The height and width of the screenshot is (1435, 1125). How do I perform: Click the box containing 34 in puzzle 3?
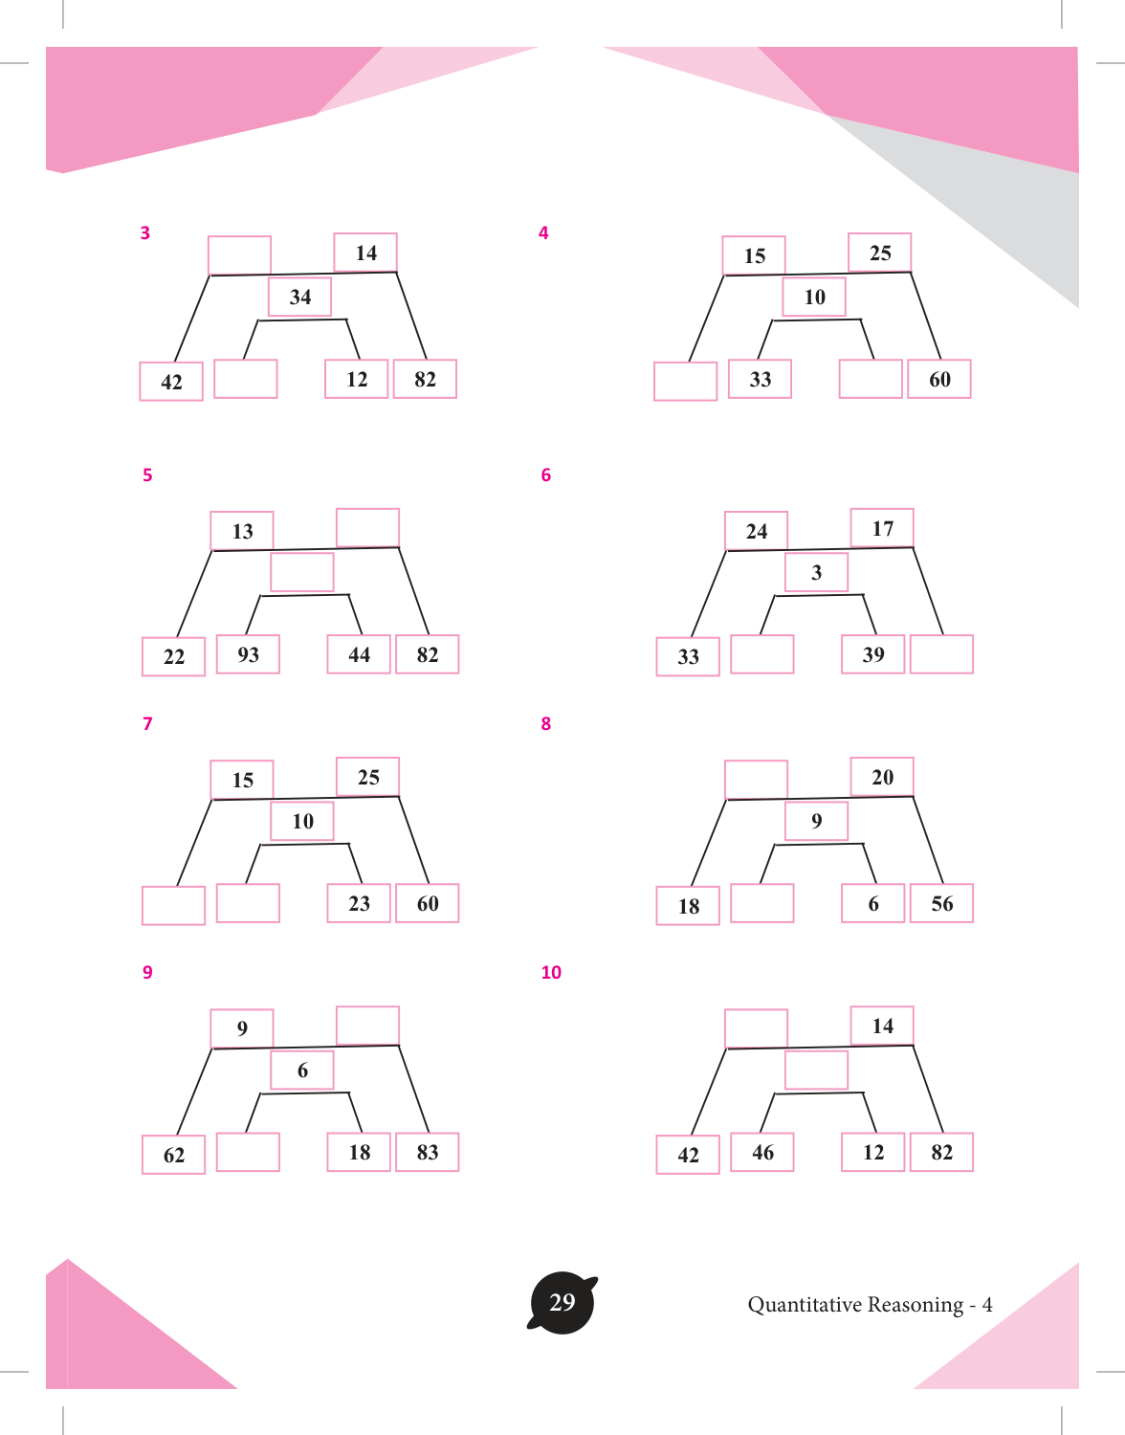click(299, 297)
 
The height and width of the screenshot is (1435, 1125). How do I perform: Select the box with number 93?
click(248, 653)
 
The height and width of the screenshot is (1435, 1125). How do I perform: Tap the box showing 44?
click(359, 653)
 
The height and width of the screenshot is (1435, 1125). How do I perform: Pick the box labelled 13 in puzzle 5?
click(242, 531)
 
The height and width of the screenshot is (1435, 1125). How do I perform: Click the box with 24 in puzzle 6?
click(756, 531)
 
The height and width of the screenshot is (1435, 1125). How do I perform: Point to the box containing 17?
click(882, 528)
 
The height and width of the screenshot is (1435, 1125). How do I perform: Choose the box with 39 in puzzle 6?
click(872, 653)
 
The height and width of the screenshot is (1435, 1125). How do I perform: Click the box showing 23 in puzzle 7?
click(359, 903)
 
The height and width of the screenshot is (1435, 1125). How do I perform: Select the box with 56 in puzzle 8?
click(941, 903)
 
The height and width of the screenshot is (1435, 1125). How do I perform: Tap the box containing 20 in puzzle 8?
click(882, 777)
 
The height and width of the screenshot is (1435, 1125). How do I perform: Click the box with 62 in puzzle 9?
click(174, 1155)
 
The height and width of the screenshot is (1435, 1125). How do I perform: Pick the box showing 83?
click(428, 1152)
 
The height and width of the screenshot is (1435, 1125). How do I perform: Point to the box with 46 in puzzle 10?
click(761, 1152)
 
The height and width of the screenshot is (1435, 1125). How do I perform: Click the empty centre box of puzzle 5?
click(301, 572)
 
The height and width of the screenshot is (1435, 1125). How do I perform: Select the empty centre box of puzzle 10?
click(816, 1070)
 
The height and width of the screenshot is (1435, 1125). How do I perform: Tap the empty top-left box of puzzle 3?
click(239, 255)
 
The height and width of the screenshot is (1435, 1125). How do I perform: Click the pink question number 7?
click(147, 724)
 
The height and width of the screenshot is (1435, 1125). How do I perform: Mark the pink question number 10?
click(551, 972)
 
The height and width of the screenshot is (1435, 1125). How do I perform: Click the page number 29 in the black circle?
click(562, 1302)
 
